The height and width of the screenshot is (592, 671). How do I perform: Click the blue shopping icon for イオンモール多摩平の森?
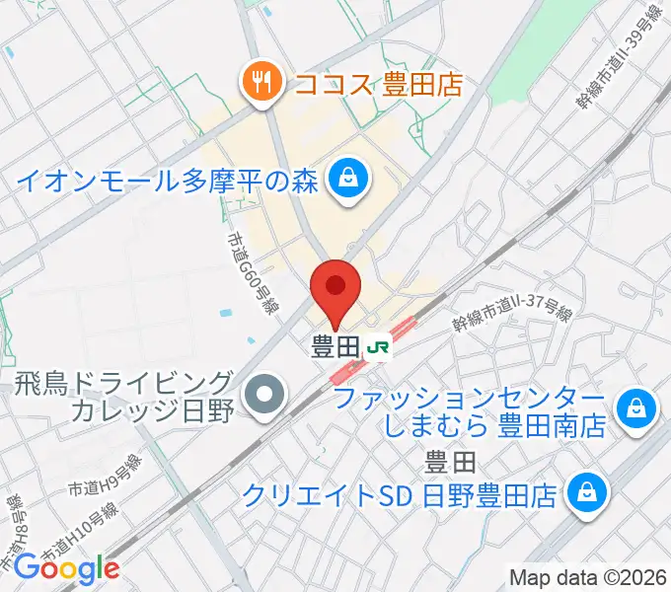pyautogui.click(x=348, y=179)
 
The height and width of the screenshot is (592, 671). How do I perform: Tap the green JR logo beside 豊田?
pyautogui.click(x=378, y=347)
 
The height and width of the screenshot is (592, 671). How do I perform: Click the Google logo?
pyautogui.click(x=66, y=568)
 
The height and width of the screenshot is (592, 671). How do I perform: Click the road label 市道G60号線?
pyautogui.click(x=250, y=273)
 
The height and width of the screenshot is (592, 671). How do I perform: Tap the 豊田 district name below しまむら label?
pyautogui.click(x=451, y=461)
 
